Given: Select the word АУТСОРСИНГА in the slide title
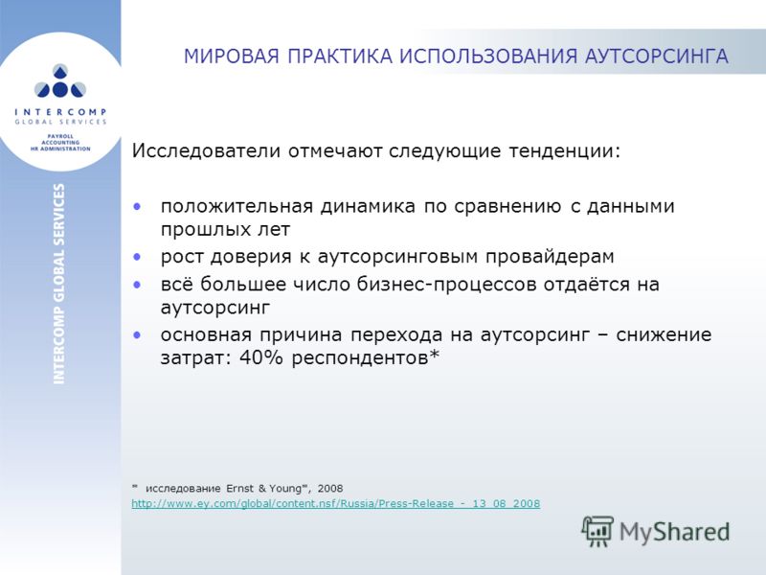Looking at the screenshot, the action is click(x=657, y=57).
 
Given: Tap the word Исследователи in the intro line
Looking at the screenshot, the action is click(x=206, y=150).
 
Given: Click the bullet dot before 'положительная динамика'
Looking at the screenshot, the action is click(x=137, y=207).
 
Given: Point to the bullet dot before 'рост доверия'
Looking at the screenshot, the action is click(x=137, y=256).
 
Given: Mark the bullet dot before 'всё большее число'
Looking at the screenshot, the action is click(x=137, y=285).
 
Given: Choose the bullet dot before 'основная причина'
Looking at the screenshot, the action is click(x=137, y=334).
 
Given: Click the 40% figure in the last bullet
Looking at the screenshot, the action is click(x=261, y=357).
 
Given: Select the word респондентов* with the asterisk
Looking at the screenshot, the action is click(x=366, y=358).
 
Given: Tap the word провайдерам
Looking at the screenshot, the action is click(x=550, y=257).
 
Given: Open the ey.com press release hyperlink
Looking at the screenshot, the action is click(x=336, y=504).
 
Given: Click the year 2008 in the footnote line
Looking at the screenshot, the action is click(x=330, y=489).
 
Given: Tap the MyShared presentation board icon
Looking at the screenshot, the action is click(x=597, y=531).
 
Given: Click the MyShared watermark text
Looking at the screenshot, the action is click(x=675, y=532).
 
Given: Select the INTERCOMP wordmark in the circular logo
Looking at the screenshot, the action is click(x=60, y=112).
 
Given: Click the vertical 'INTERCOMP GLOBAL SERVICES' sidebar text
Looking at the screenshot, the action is click(x=59, y=284).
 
